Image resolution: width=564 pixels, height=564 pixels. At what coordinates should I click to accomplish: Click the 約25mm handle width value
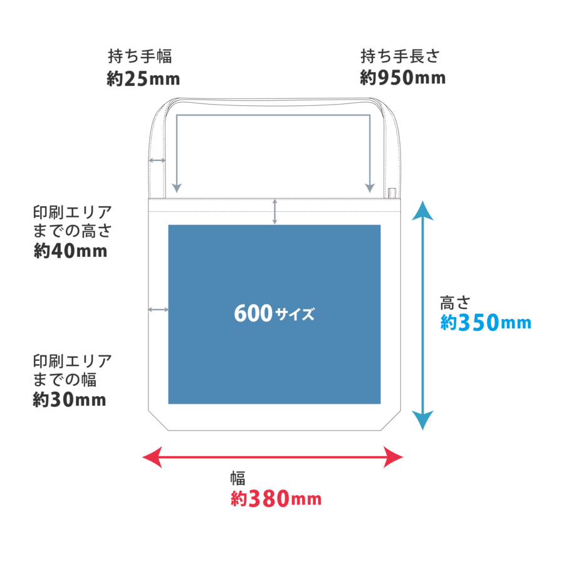144,79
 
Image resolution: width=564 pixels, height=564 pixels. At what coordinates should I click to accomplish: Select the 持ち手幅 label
140,56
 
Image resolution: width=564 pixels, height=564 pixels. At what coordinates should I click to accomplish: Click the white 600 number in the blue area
253,313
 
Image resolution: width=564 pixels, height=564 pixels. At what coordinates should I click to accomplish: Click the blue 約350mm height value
485,323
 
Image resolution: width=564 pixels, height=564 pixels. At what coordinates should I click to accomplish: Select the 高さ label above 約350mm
455,302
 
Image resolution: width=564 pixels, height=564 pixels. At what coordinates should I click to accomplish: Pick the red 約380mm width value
276,499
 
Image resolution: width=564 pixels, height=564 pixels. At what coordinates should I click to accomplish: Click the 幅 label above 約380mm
236,478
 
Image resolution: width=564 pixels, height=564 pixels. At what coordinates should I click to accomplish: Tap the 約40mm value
70,251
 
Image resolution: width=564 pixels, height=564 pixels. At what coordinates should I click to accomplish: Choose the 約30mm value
69,400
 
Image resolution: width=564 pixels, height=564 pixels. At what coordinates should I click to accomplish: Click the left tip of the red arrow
144,457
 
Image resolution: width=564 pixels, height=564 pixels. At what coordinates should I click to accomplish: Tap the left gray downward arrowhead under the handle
177,188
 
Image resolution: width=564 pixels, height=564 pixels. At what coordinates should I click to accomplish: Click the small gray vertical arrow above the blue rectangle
274,212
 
